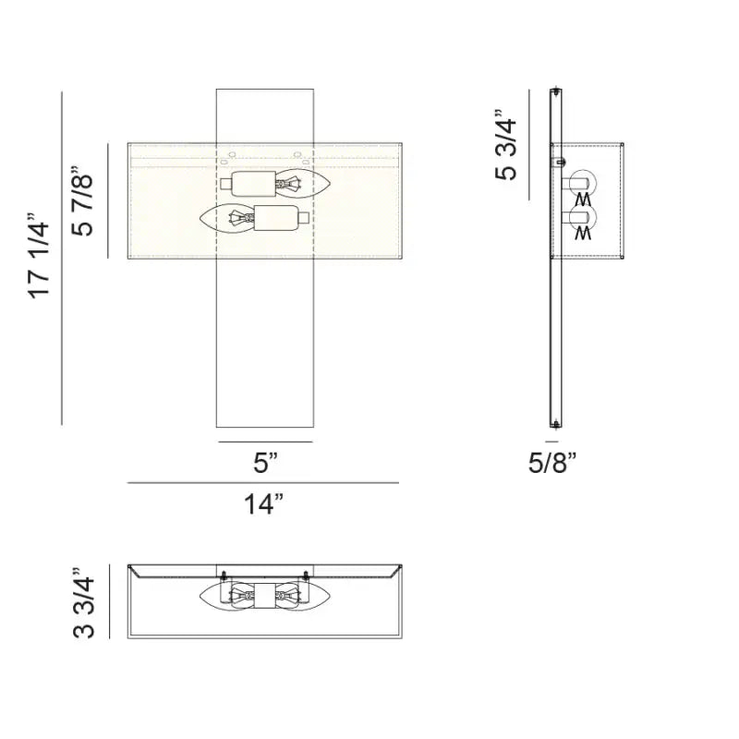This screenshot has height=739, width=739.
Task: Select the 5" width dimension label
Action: tap(265, 463)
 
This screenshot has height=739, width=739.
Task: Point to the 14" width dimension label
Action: tap(264, 504)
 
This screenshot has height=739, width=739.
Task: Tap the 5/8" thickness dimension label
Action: tap(552, 463)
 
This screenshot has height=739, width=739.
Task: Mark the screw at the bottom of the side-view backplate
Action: tap(556, 424)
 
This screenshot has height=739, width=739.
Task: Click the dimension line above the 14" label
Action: tap(263, 483)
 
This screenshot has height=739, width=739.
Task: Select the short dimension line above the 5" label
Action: tap(265, 442)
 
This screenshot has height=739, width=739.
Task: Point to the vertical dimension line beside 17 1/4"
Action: tap(62, 259)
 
